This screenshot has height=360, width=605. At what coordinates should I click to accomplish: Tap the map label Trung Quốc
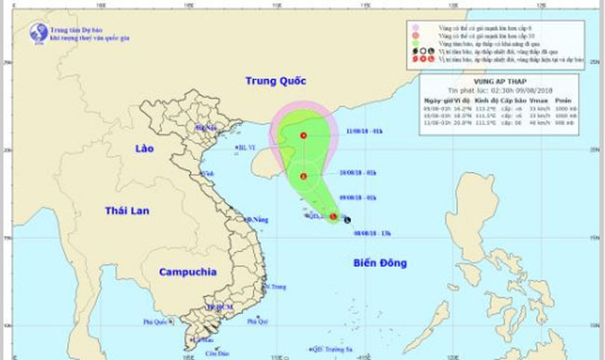tap(276, 82)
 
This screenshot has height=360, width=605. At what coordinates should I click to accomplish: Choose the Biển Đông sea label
tap(380, 263)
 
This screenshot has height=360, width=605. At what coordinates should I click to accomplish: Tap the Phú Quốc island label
tap(159, 323)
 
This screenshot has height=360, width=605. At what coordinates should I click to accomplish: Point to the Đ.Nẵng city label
tap(256, 219)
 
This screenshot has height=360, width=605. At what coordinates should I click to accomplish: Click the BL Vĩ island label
tap(245, 147)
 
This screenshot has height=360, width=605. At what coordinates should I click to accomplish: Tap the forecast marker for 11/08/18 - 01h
tap(304, 138)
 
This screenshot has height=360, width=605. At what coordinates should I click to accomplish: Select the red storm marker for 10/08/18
tap(303, 176)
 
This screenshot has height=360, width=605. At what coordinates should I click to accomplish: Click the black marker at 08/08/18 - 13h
tap(346, 220)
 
